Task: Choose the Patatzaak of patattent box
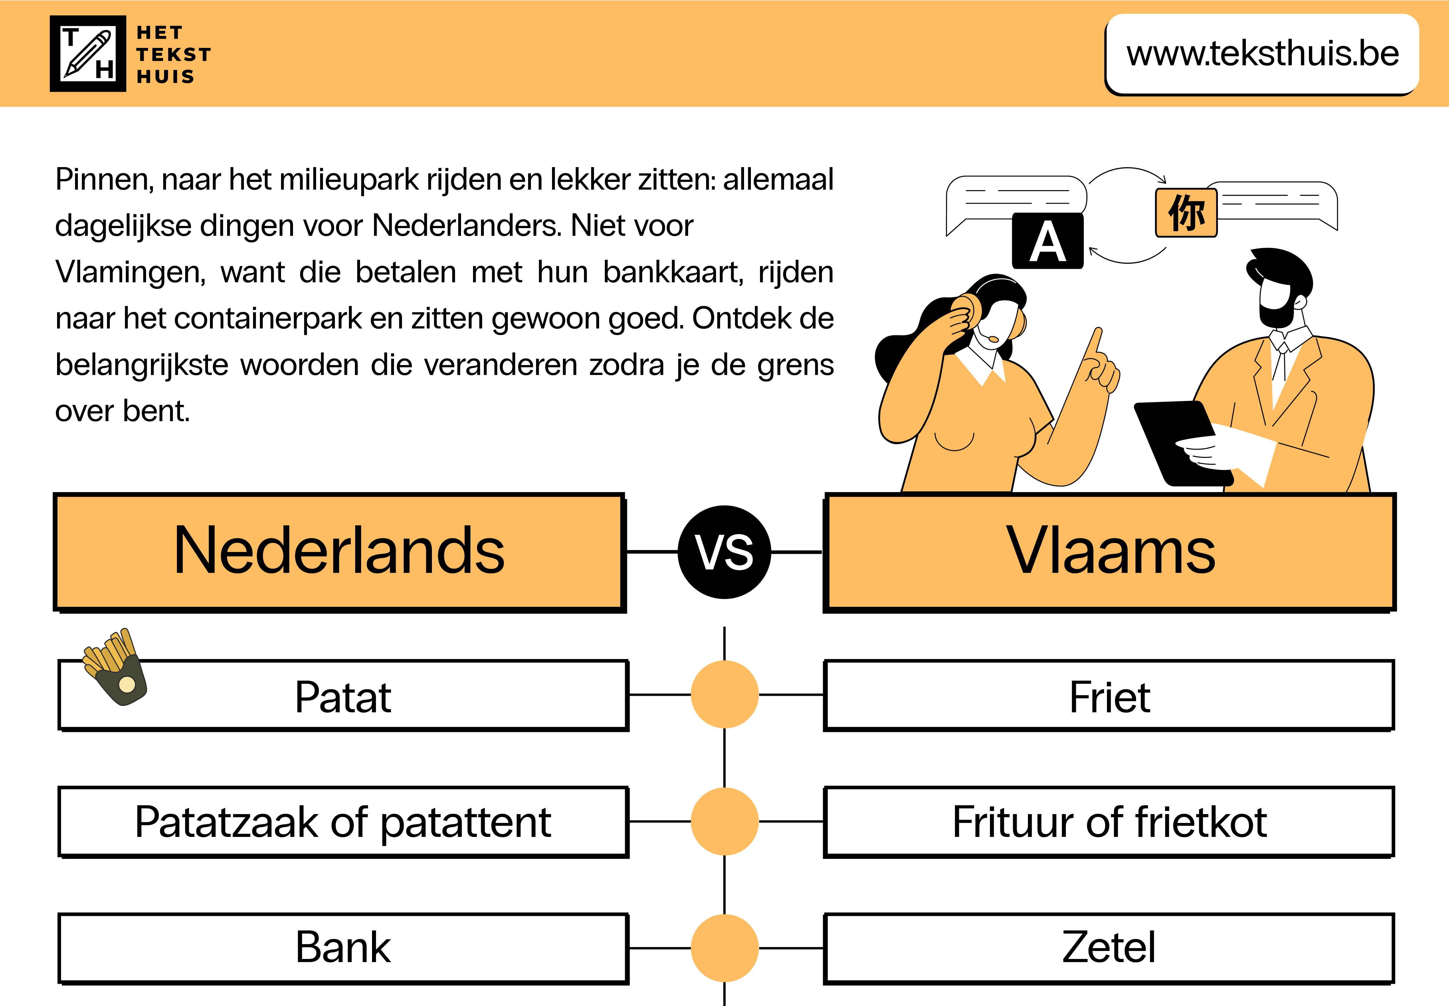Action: coord(343,822)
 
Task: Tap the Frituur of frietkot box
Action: coord(1109,822)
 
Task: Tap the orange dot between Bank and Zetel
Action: coord(725,947)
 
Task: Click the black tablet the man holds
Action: coord(1176,441)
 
